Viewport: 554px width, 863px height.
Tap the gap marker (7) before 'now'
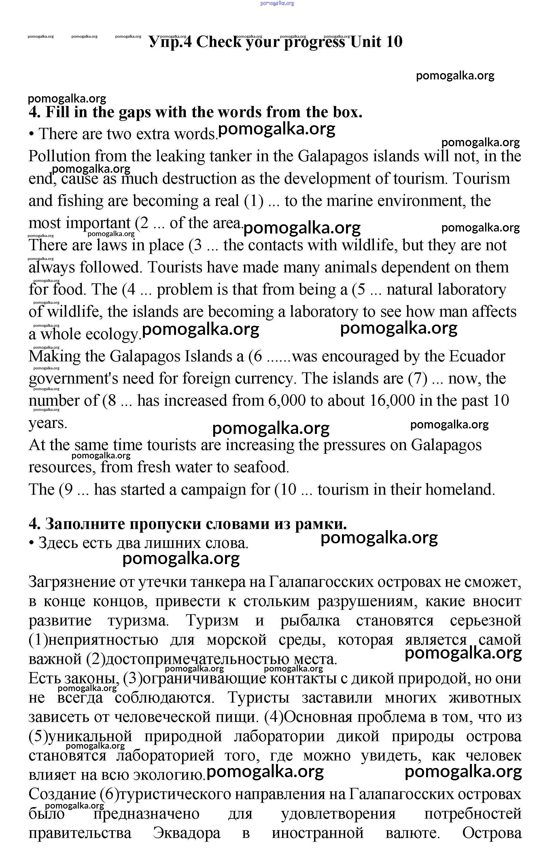click(418, 379)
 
